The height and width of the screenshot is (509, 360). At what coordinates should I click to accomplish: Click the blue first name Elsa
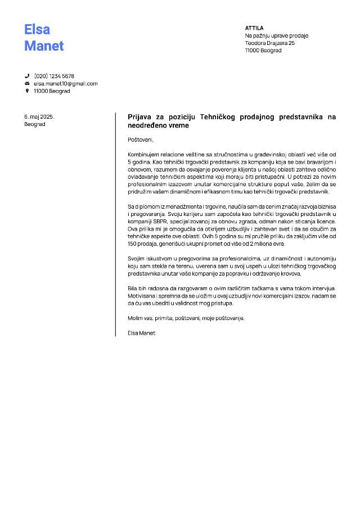point(37,29)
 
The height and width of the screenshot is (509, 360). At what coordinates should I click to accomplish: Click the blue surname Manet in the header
point(44,46)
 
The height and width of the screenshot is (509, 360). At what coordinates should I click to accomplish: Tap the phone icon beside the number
point(27,76)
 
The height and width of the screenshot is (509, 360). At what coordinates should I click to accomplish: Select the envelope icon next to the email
point(27,83)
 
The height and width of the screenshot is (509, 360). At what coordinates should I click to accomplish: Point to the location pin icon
point(27,91)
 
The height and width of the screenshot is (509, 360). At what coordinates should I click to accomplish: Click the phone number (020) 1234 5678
point(54,76)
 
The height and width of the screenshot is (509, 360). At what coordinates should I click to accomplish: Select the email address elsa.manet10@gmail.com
point(66,83)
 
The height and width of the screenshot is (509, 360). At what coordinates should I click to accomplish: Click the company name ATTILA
point(254,28)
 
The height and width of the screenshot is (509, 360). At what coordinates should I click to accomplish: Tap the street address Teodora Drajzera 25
point(270,43)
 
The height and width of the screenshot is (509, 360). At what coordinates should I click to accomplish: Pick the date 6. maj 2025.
point(39,116)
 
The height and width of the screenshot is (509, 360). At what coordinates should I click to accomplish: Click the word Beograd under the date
point(35,124)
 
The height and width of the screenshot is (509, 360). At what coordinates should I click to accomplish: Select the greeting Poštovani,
point(141,139)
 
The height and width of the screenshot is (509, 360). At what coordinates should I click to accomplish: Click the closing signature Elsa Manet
point(142,333)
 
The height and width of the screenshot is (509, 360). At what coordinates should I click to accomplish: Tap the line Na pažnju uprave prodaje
point(277,35)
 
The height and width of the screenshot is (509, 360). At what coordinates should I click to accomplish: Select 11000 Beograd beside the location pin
point(52,91)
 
